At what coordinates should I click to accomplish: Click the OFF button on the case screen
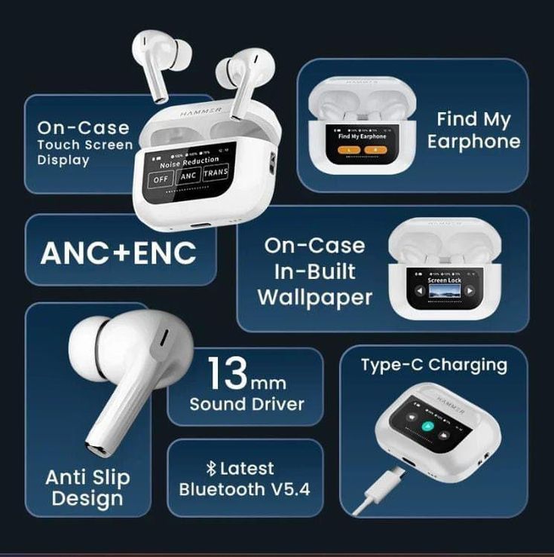tap(161, 179)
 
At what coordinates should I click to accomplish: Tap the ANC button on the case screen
tap(188, 176)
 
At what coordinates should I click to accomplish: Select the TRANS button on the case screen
tap(216, 172)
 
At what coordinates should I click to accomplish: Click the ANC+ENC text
tap(118, 253)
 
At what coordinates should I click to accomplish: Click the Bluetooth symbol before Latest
tap(211, 469)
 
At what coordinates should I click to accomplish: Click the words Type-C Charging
tap(433, 365)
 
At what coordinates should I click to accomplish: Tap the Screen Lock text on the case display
tap(443, 280)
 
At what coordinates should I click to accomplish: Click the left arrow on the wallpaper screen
tap(416, 291)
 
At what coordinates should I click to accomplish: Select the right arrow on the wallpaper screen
tap(470, 291)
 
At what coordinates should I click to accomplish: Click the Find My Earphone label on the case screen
tap(362, 136)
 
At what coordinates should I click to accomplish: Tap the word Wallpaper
tap(315, 297)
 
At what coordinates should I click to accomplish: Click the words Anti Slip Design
tap(87, 488)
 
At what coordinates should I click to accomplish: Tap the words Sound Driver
tap(246, 404)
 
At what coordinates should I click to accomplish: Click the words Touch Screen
tap(84, 145)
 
